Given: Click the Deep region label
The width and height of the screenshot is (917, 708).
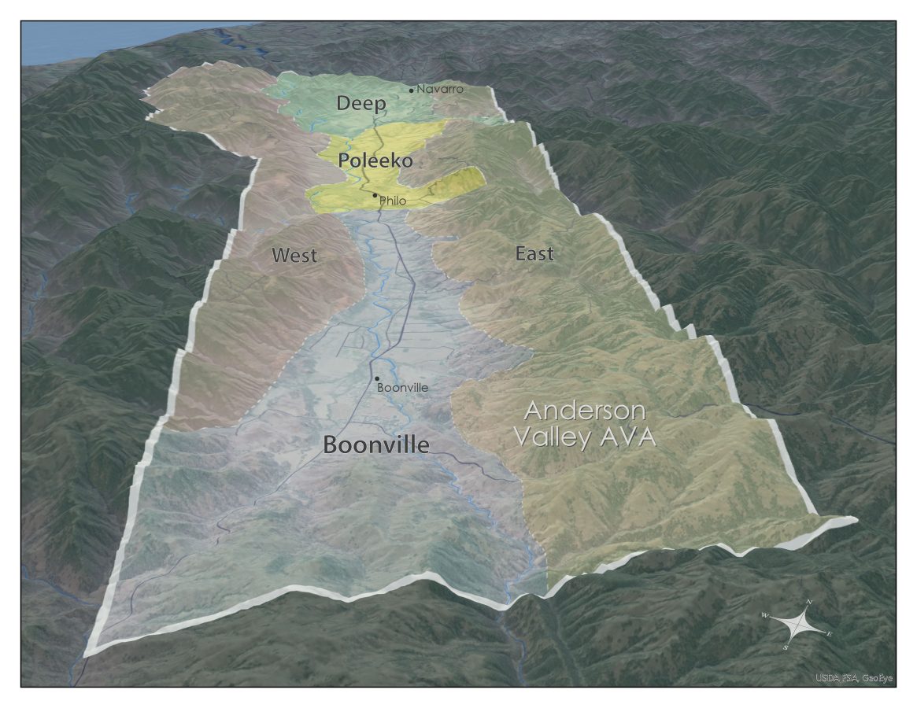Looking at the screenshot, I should pos(361,103).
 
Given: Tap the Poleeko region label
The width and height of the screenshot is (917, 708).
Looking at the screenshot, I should pos(375,160).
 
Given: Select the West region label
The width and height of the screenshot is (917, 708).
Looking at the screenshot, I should pos(294,255).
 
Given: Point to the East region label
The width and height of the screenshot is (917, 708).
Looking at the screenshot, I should pos(534,253).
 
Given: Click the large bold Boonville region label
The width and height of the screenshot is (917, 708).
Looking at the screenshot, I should pos(376,445).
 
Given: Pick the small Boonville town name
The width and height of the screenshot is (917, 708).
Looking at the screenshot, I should pos(402,388).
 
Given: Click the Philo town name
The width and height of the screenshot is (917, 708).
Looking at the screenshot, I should pos(393,201).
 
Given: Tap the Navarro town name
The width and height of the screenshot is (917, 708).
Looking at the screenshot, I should pos(440,89).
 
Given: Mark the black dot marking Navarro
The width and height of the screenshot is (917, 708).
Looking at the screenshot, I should pos(411,90).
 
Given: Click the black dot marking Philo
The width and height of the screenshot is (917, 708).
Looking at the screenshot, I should pos(375,195).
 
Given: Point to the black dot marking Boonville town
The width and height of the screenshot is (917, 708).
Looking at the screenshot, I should pos(378,378).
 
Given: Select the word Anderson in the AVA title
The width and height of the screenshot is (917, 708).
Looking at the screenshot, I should pos(585,411).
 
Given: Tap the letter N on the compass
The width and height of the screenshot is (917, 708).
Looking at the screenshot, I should pos(809,603).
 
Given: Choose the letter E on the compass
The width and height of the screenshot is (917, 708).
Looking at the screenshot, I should pos(830,633).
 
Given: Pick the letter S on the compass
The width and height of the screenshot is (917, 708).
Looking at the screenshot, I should pos(786,647).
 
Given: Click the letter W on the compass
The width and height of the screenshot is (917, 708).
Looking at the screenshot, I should pos(764,615).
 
